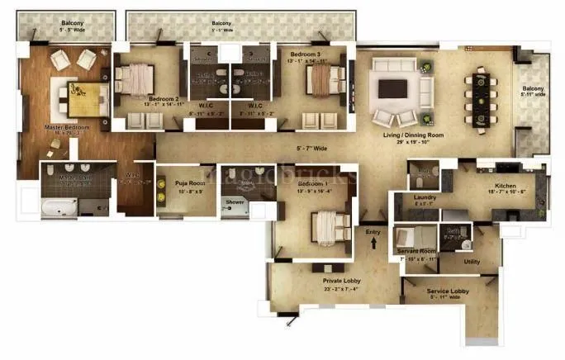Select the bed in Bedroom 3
pyautogui.click(x=324, y=81)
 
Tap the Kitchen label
pyautogui.click(x=506, y=187)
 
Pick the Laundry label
pyautogui.click(x=424, y=198)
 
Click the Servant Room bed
pyautogui.click(x=409, y=239)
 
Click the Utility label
pyautogui.click(x=472, y=262)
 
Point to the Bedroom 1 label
pyautogui.click(x=312, y=182)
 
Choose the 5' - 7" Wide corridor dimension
pyautogui.click(x=313, y=149)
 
